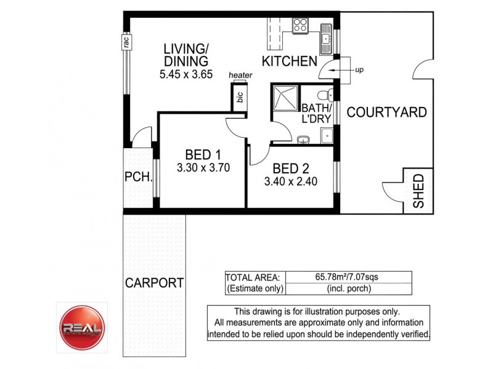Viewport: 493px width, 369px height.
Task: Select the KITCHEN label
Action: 290,61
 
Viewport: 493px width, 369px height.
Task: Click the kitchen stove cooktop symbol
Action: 301,26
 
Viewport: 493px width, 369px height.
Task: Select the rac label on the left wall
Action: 125,42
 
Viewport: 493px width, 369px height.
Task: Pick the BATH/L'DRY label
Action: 317,113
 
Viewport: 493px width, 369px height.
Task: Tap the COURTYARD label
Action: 386,113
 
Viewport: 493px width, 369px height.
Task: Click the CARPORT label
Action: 154,283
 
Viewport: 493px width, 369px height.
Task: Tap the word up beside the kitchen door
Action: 360,70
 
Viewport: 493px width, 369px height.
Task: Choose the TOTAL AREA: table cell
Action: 255,277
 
